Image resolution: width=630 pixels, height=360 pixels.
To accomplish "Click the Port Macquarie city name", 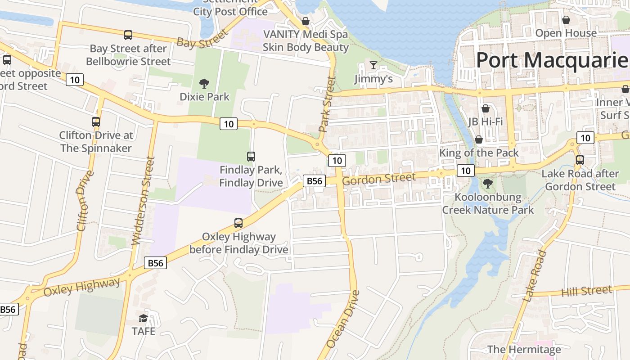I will [x=552, y=60].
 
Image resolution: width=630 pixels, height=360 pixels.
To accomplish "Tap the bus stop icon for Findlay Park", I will [x=251, y=157].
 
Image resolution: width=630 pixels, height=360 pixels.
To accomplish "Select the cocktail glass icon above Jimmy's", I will [x=373, y=65].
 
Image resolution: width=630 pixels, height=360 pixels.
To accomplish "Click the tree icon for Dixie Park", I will [x=204, y=83].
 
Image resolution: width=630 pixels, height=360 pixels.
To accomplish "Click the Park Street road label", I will [x=328, y=104].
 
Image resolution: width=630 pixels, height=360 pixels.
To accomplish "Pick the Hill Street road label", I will [x=586, y=291].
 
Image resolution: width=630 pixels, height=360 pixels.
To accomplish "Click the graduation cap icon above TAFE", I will [x=143, y=318].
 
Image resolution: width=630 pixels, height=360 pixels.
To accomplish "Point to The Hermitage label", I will [x=524, y=349].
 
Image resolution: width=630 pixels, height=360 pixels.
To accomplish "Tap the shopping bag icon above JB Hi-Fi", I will [x=485, y=108].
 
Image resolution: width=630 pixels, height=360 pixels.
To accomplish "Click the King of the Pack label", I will [x=479, y=153].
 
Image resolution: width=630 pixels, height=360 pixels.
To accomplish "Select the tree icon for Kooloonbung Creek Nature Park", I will [x=487, y=184].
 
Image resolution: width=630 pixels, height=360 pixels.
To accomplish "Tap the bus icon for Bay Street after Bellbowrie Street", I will [x=128, y=35].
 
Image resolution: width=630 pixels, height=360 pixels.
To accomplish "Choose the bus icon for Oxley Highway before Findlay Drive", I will [x=238, y=223].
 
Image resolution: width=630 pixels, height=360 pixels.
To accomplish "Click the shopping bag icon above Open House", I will [x=566, y=20].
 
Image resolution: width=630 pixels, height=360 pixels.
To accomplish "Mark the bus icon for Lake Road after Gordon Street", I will [x=580, y=160].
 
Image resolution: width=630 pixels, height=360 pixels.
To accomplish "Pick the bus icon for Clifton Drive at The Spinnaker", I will [x=96, y=122].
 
